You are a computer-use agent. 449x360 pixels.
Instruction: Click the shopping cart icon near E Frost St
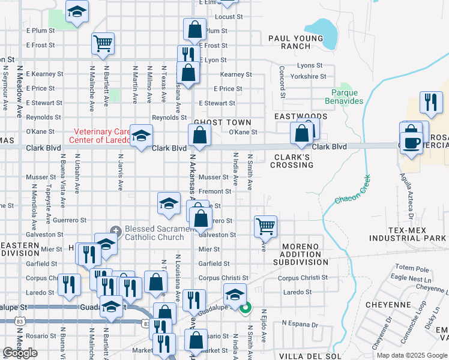tap(103, 43)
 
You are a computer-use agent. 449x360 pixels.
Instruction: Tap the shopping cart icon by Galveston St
tap(265, 226)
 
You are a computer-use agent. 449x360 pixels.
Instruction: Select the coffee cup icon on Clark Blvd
tap(412, 143)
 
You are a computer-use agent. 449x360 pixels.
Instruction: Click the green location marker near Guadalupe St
tap(245, 309)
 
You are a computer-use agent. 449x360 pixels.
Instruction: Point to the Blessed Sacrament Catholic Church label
tap(154, 233)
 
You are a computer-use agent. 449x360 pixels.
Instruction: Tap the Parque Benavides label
tap(348, 97)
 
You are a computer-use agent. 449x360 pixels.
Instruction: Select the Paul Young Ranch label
tap(295, 42)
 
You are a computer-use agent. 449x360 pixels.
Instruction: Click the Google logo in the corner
tap(20, 353)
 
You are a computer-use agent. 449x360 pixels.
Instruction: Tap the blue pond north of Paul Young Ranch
tap(321, 28)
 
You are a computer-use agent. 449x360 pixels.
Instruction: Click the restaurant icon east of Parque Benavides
tap(431, 103)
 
